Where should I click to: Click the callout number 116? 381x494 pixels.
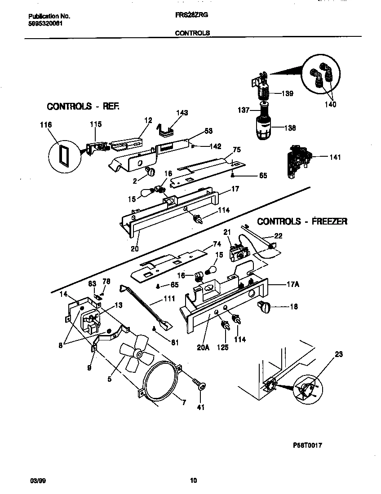pos(46,124)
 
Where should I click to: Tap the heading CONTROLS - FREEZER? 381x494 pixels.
pos(302,221)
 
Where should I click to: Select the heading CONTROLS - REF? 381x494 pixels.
pos(83,106)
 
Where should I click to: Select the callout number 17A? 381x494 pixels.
pos(293,284)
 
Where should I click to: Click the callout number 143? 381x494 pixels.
pos(182,113)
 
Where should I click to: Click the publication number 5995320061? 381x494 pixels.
pos(42,23)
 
